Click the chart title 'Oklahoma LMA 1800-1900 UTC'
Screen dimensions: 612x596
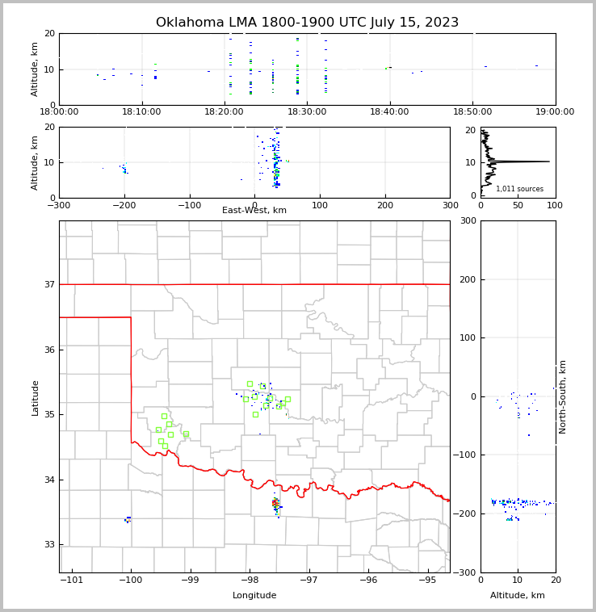click(x=307, y=23)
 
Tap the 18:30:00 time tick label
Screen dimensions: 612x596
click(x=307, y=112)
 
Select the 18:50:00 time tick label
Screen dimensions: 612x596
click(x=472, y=112)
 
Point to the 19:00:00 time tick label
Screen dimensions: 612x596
click(x=555, y=112)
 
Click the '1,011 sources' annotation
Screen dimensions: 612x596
click(x=519, y=189)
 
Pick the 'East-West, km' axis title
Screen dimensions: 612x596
click(x=254, y=211)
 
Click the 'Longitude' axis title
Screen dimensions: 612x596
click(x=254, y=596)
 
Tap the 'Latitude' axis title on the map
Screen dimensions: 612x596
click(x=35, y=397)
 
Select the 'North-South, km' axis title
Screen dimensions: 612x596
click(x=563, y=396)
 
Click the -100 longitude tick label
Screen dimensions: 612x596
click(x=131, y=580)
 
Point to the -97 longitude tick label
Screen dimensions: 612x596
click(x=309, y=580)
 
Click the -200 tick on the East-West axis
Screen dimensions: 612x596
click(x=124, y=205)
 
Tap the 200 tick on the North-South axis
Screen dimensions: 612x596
click(x=467, y=279)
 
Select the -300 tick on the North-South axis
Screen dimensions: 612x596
click(x=465, y=572)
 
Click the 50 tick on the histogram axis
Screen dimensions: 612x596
click(x=518, y=205)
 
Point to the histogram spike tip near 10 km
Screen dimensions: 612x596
click(x=549, y=161)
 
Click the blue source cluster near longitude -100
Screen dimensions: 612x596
click(x=128, y=519)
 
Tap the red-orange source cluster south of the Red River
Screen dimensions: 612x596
click(x=275, y=503)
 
